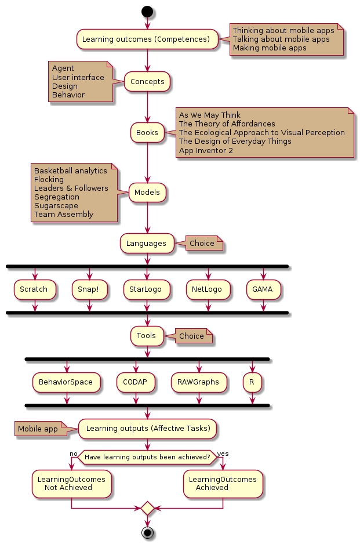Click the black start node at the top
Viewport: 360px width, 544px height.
(147, 11)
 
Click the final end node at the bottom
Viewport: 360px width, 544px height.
(147, 532)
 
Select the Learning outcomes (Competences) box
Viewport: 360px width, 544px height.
(147, 39)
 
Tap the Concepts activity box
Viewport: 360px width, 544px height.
(147, 82)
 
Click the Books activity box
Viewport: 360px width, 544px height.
(147, 133)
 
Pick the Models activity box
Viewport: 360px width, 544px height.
(147, 192)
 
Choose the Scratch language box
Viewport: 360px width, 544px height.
(34, 289)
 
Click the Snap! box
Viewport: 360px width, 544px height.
(90, 289)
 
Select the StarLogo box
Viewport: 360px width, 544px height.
(147, 289)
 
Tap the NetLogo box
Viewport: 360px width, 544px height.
(208, 289)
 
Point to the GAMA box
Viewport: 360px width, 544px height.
(263, 289)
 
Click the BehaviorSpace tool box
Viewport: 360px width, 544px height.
(66, 382)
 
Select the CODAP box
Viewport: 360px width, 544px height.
(136, 382)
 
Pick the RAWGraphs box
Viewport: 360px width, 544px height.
(199, 382)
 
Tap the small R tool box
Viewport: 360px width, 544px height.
(252, 382)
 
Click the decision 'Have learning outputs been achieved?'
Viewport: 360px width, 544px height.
(147, 457)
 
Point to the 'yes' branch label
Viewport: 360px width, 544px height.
(223, 453)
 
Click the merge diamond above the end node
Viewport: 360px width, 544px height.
(147, 508)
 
